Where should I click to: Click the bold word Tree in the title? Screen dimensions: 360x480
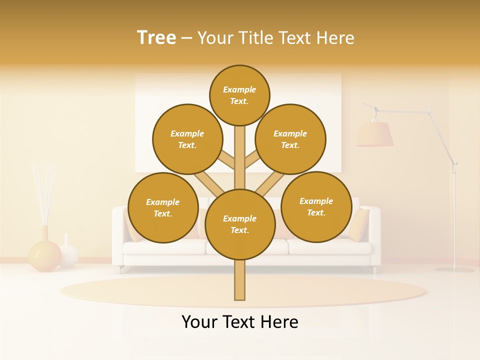[x=156, y=37]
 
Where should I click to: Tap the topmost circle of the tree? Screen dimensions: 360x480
[x=239, y=95]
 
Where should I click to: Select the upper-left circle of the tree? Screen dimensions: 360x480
[x=187, y=139]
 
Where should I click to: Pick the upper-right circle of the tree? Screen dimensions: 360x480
[x=290, y=139]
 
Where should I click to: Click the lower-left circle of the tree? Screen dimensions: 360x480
[x=163, y=207]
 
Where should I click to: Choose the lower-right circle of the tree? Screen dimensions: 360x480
[x=316, y=206]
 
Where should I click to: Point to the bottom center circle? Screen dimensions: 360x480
[x=240, y=224]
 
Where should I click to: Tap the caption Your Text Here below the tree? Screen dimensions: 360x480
[x=240, y=322]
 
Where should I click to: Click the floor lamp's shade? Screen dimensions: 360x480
[x=374, y=134]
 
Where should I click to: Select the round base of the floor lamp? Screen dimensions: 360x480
[x=454, y=269]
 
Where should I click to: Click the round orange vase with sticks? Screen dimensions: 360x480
[x=44, y=255]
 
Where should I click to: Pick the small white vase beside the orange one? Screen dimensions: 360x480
[x=68, y=253]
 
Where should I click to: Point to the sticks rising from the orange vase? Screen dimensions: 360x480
[x=44, y=192]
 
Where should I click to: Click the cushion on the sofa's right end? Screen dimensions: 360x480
[x=358, y=224]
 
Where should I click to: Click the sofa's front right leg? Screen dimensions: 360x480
[x=374, y=269]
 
